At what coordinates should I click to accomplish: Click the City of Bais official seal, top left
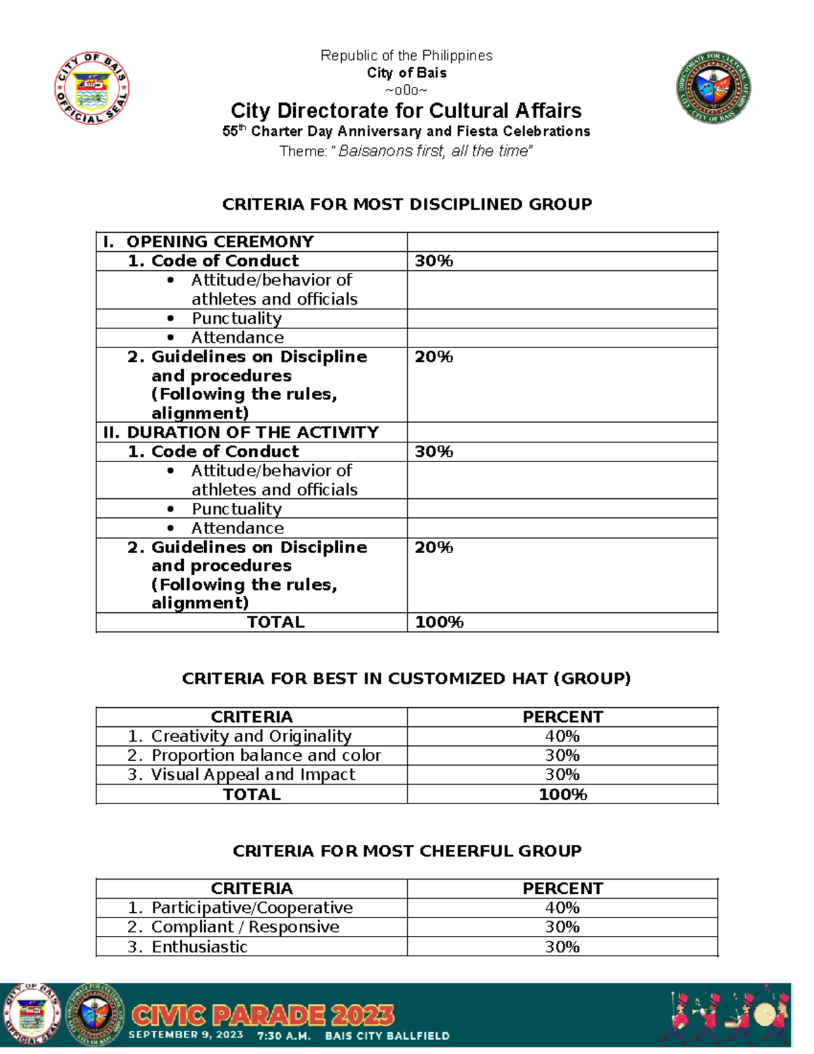(92, 88)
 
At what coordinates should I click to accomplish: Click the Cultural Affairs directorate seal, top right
(714, 88)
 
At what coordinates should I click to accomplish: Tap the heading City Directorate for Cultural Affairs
(406, 111)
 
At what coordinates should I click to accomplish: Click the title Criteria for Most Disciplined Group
(407, 204)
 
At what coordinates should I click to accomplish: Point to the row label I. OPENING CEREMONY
(208, 242)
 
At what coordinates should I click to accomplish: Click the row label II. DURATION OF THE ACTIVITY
(241, 432)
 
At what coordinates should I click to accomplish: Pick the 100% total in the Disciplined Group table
(439, 622)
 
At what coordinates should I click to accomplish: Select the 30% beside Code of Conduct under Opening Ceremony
(433, 261)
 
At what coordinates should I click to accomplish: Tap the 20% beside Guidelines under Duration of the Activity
(433, 548)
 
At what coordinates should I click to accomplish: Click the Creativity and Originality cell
(251, 736)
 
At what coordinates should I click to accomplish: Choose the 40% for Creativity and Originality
(562, 736)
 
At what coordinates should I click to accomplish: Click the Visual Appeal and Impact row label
(252, 775)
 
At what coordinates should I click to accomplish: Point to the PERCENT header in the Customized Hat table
(562, 717)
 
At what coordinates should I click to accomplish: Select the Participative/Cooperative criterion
(252, 908)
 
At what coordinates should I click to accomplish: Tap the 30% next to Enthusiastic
(562, 947)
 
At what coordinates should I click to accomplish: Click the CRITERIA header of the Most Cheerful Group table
(252, 888)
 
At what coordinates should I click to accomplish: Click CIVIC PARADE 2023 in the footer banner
(262, 1015)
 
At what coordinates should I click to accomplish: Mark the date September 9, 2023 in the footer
(186, 1035)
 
